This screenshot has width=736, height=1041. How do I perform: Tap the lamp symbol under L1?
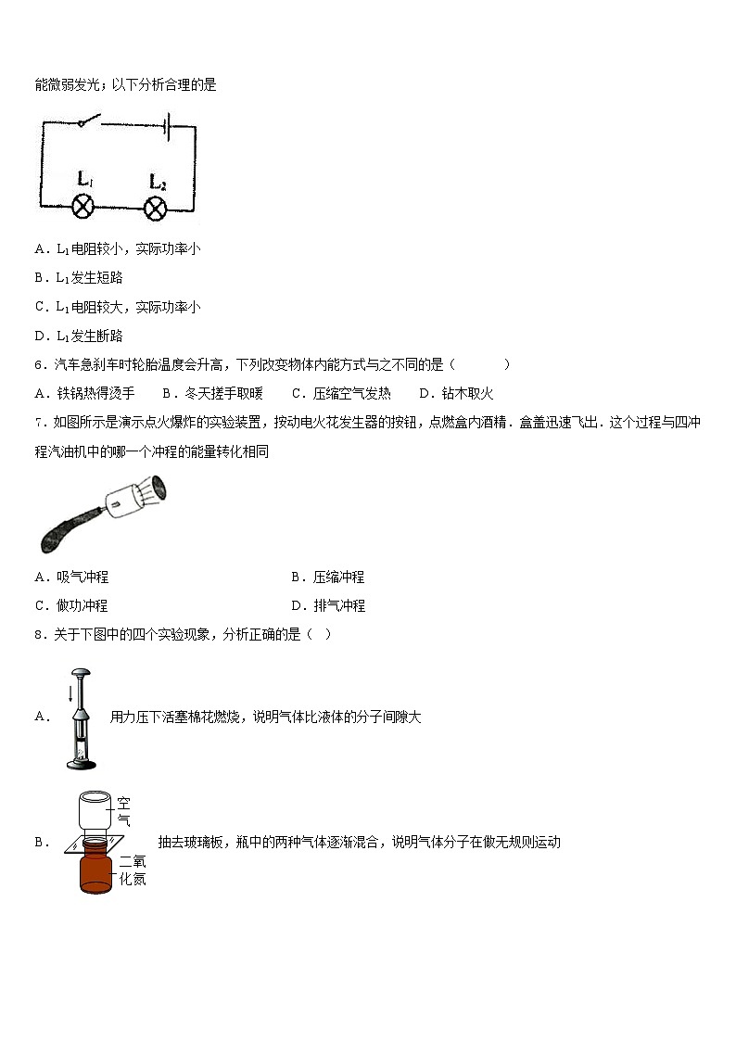pos(83,206)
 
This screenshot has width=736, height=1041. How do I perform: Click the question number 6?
pos(40,364)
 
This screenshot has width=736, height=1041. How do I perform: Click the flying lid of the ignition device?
pos(159,489)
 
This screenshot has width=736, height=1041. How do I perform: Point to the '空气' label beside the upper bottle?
pos(123,812)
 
